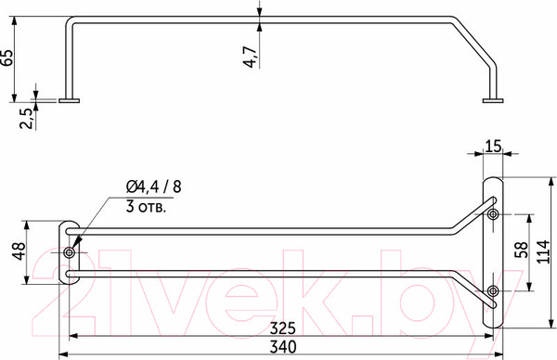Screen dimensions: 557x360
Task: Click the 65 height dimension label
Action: (6, 58)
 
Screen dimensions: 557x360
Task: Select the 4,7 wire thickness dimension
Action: (250, 57)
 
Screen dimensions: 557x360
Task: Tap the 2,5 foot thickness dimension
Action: (27, 118)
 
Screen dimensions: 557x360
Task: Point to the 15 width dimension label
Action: (493, 147)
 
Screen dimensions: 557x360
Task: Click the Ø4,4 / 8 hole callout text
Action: (153, 186)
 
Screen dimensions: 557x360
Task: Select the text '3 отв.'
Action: (146, 207)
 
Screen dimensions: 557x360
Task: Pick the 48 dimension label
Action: (19, 251)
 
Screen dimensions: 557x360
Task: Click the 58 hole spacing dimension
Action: (521, 251)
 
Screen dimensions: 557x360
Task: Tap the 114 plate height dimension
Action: (543, 251)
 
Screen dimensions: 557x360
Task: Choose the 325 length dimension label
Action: (282, 328)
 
